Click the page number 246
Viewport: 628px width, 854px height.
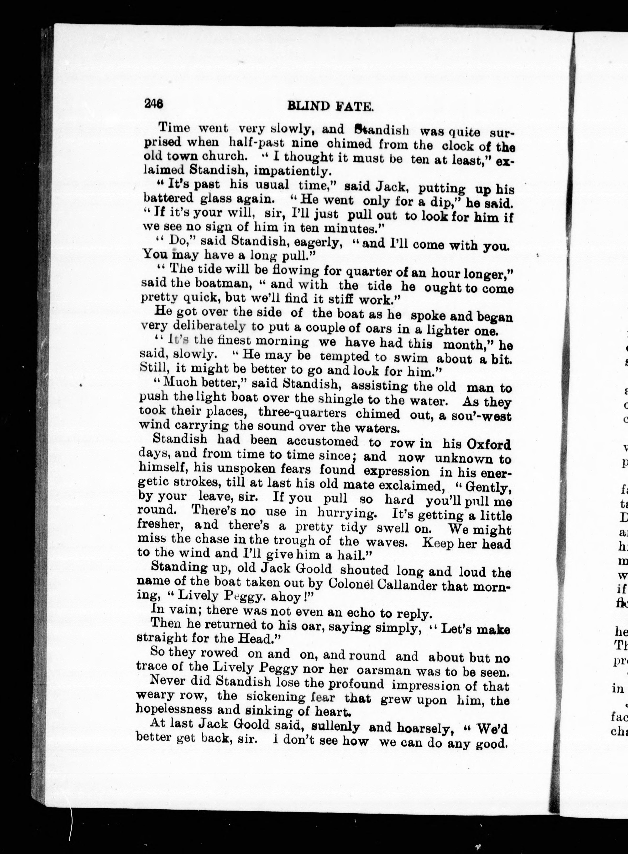click(154, 103)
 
